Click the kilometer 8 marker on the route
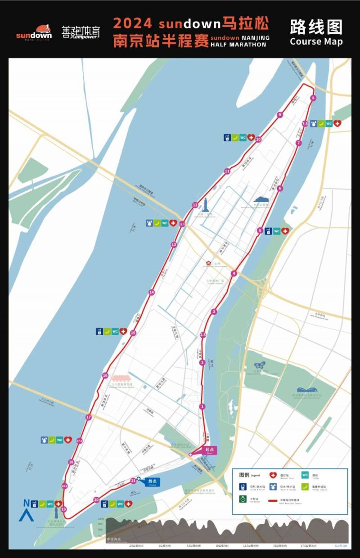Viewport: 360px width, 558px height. click(313, 98)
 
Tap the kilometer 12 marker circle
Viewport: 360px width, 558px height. click(195, 205)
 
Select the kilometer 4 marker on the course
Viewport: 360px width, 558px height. click(234, 274)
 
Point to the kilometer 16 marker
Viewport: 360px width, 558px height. click(105, 376)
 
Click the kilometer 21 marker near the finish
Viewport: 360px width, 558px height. click(133, 481)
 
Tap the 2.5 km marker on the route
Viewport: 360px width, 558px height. click(202, 335)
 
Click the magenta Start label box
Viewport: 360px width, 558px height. click(209, 450)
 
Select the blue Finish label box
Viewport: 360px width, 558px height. click(152, 482)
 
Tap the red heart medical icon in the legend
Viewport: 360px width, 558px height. click(272, 475)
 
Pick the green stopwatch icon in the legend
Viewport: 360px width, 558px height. click(243, 499)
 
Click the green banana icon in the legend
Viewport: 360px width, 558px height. click(305, 486)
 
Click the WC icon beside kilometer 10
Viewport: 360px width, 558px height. click(243, 138)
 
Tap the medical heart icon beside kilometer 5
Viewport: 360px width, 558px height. click(285, 231)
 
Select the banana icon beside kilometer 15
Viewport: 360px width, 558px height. click(107, 331)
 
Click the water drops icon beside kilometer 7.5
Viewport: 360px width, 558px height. click(313, 123)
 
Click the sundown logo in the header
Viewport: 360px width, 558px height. click(34, 32)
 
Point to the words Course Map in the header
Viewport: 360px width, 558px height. click(316, 41)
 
